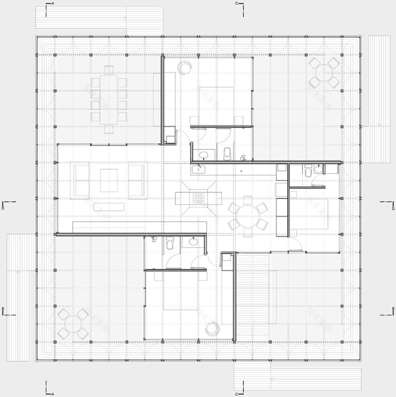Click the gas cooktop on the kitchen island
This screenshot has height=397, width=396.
pyautogui.click(x=198, y=198)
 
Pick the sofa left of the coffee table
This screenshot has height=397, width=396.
pyautogui.click(x=81, y=180)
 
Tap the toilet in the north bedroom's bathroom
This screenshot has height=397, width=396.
pyautogui.click(x=227, y=153)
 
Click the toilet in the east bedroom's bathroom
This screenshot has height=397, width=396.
pyautogui.click(x=308, y=171)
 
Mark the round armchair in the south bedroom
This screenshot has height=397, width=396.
pyautogui.click(x=212, y=329)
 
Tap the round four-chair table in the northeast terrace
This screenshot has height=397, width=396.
pyautogui.click(x=324, y=72)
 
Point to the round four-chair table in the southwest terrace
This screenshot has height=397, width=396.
pyautogui.click(x=72, y=324)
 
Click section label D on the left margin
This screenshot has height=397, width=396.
pyautogui.click(x=3, y=208)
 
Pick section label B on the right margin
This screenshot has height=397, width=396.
pyautogui.click(x=393, y=308)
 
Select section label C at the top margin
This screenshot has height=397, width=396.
pyautogui.click(x=237, y=4)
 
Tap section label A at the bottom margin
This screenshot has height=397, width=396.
pyautogui.click(x=53, y=394)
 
